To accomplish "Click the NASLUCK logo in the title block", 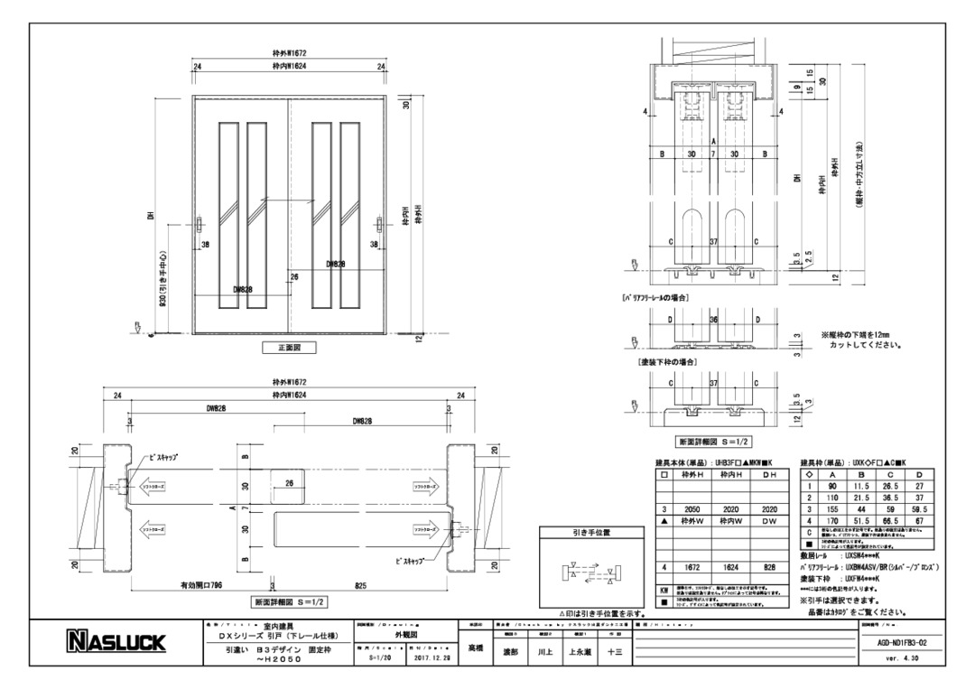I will (116, 642).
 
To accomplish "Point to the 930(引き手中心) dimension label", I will (162, 280).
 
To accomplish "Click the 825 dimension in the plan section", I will (361, 585).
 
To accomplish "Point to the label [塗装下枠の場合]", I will (669, 361).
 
